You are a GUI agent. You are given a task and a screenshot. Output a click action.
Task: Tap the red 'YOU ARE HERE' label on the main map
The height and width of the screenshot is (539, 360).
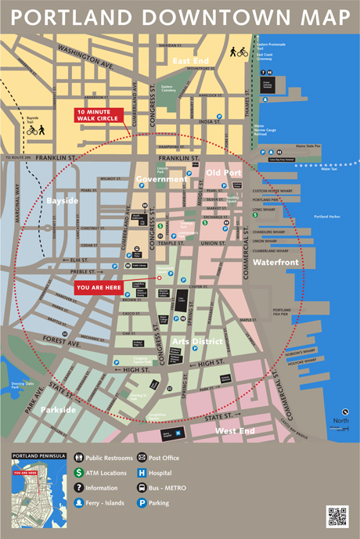click(98, 287)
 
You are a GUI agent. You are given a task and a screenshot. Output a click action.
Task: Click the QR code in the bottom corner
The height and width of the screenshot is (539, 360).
click(337, 516)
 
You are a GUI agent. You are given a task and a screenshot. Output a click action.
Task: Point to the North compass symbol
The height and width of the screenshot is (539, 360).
click(344, 414)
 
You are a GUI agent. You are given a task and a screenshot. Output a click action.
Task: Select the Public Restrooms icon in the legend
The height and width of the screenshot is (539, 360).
click(79, 458)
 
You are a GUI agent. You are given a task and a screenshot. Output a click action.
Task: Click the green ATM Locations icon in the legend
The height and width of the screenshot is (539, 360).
click(79, 473)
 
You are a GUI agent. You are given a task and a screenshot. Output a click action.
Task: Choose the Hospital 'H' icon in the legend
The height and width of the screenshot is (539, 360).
click(142, 473)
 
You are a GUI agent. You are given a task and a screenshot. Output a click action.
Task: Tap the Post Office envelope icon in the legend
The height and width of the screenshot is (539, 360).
click(142, 458)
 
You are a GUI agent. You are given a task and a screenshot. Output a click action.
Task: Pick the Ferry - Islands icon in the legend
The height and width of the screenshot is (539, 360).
click(79, 503)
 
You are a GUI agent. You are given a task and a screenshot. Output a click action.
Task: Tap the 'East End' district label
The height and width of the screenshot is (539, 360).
click(191, 60)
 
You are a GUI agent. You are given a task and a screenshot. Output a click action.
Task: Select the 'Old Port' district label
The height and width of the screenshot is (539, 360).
click(224, 172)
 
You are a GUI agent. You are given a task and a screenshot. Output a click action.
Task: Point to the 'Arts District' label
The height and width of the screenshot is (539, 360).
click(197, 341)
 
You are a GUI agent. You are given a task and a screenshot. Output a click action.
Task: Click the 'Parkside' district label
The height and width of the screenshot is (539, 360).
click(58, 409)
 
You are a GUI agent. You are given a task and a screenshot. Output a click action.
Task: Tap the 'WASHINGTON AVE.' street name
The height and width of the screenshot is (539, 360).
click(85, 56)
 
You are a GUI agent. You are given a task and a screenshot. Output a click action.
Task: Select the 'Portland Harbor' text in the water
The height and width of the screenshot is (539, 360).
click(328, 216)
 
